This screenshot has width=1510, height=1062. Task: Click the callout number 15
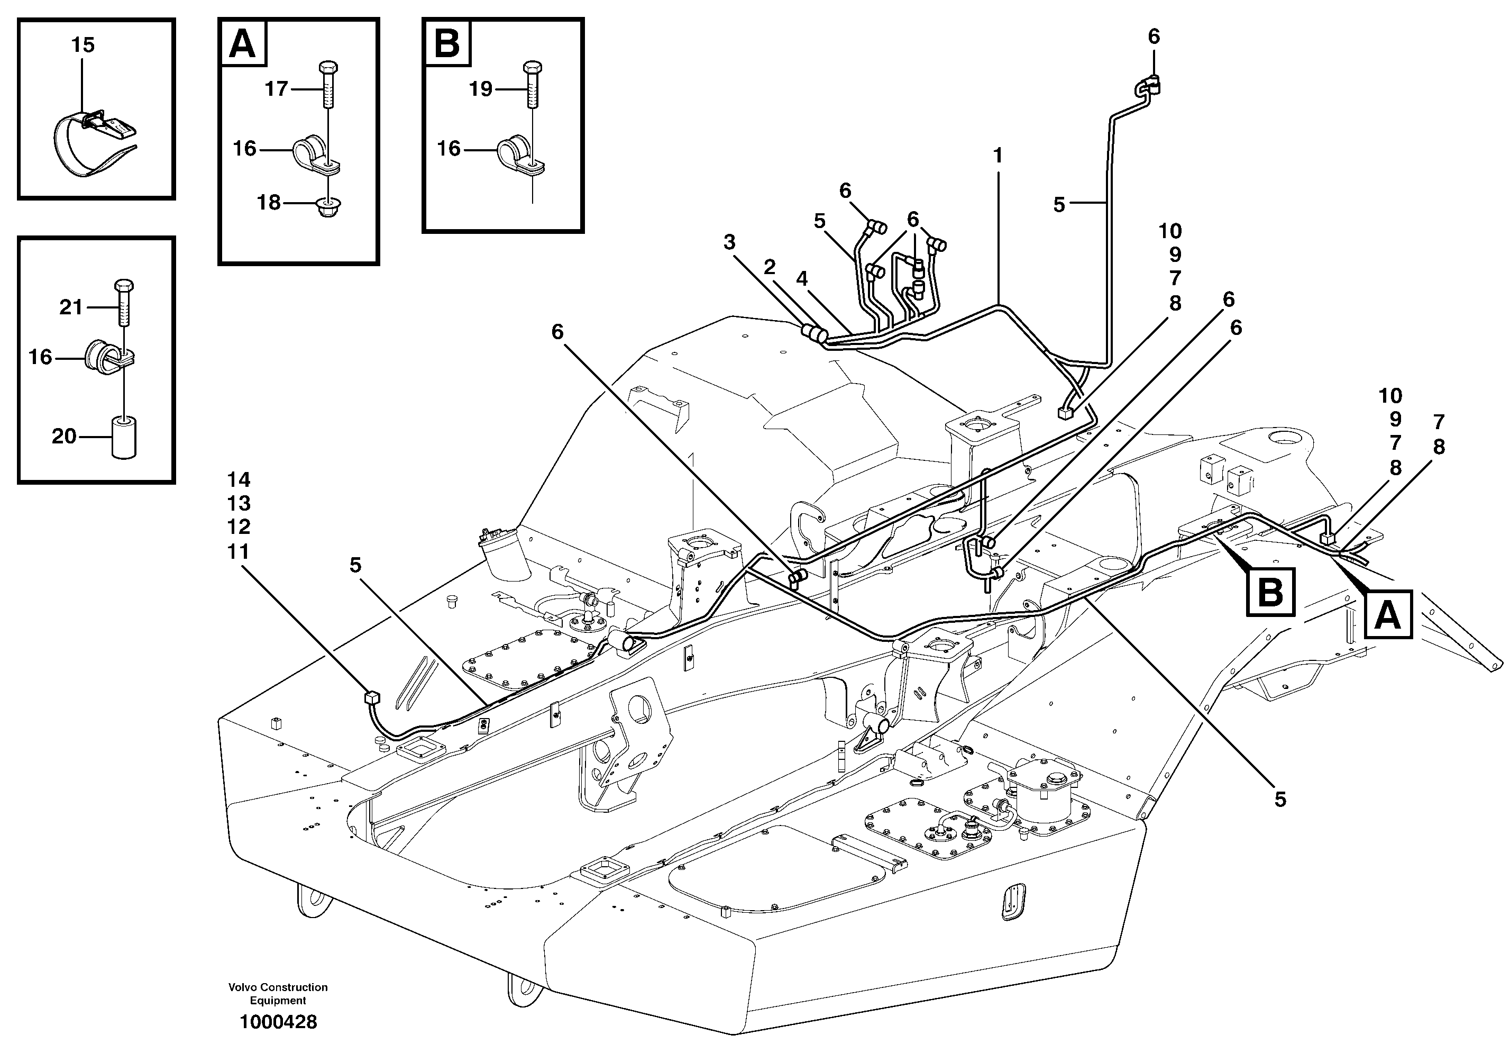(x=83, y=46)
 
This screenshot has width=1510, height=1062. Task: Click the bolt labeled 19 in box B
(x=532, y=86)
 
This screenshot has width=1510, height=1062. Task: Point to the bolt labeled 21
(x=124, y=303)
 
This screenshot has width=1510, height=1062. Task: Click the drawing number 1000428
(x=278, y=1022)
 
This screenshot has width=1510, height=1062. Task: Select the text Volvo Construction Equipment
(x=278, y=994)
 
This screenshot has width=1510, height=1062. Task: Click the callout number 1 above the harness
(x=997, y=156)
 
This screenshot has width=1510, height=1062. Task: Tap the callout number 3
(x=729, y=243)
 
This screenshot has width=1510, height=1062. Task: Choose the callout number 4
(x=802, y=279)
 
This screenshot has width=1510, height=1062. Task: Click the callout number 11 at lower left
(x=238, y=551)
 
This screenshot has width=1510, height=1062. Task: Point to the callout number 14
(x=238, y=480)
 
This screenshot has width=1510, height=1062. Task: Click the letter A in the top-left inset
(x=243, y=44)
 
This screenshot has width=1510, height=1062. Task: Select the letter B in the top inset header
(x=447, y=44)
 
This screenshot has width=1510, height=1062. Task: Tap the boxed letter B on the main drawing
(x=1270, y=592)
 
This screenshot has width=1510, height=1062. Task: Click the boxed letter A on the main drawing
(x=1388, y=615)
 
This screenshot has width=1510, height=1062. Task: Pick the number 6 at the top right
(x=1154, y=37)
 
